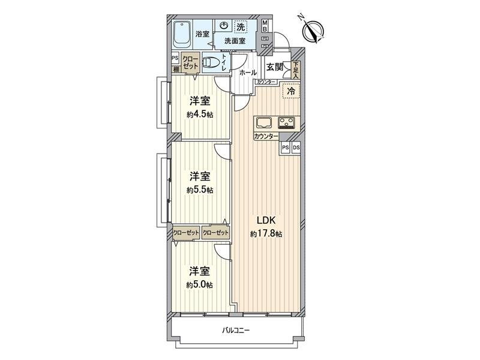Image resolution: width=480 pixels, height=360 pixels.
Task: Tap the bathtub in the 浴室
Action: [x=182, y=35]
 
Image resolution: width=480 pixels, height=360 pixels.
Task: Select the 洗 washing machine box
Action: [x=240, y=26]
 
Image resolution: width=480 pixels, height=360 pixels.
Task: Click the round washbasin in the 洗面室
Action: [x=224, y=26]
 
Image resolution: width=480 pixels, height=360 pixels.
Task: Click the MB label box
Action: [x=265, y=26]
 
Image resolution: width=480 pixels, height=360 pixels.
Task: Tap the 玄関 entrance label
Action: [x=275, y=67]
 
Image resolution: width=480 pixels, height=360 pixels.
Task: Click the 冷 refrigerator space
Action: [x=290, y=92]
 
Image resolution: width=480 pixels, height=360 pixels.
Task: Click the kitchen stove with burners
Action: [x=286, y=123]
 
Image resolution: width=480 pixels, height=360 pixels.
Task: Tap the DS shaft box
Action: [x=296, y=148]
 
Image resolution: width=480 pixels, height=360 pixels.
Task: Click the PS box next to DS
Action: [x=286, y=148]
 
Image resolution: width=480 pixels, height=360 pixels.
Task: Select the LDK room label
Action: [x=266, y=220]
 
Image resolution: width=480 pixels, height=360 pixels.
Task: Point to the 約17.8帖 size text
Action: [x=266, y=233]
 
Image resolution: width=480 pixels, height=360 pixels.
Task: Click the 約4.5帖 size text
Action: [x=200, y=115]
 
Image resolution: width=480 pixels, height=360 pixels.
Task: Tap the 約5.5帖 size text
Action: [x=200, y=190]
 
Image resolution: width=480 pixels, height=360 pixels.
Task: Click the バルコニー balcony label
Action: [x=236, y=330]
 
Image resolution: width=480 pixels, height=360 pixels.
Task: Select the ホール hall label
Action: [x=247, y=72]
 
